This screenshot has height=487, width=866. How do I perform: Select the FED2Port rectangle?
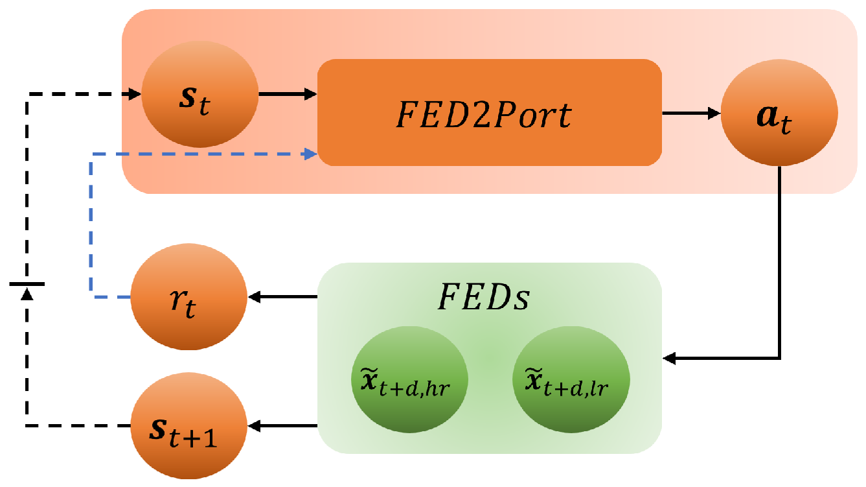pos(489,112)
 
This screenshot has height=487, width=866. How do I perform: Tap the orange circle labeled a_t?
pos(779,113)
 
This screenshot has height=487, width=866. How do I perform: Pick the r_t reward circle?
pos(188,298)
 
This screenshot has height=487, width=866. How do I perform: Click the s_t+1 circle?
pos(188,426)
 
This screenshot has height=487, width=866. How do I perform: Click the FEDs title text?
pos(484,298)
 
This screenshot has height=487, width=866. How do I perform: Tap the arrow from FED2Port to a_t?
pos(690,113)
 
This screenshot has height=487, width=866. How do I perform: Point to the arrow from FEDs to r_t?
pos(282,298)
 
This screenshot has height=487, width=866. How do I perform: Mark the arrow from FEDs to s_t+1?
pos(282,426)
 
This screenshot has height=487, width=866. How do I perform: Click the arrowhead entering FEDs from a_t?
pos(669,357)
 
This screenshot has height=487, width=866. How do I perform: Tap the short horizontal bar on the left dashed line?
pos(27,284)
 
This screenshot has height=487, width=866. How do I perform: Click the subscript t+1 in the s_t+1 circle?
pos(200,440)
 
